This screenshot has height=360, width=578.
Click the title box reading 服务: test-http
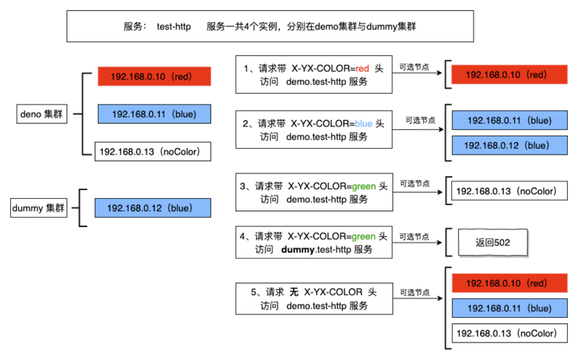point(270,27)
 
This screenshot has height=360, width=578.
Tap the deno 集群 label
point(42,114)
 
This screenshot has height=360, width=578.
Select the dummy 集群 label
point(38,208)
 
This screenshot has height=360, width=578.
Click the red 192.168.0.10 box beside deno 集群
point(154,76)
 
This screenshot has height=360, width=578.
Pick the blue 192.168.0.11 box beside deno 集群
point(154,114)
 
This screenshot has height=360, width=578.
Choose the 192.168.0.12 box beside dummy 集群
point(152,208)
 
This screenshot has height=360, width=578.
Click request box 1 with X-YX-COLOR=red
point(313,75)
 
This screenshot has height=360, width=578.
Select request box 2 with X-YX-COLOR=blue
point(313,130)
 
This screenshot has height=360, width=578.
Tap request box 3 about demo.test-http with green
point(313,192)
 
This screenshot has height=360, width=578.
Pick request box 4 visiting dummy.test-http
point(313,242)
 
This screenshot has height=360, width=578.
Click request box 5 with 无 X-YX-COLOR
point(313,298)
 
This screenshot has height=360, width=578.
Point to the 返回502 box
point(492,242)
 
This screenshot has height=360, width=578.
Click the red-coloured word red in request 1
point(362,68)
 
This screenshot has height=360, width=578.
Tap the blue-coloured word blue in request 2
point(363,123)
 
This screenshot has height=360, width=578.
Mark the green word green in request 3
point(364,187)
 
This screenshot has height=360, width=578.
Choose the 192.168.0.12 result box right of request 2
point(509,145)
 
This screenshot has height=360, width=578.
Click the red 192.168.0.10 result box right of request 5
point(509,283)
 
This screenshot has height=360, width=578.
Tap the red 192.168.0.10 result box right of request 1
point(509,75)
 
